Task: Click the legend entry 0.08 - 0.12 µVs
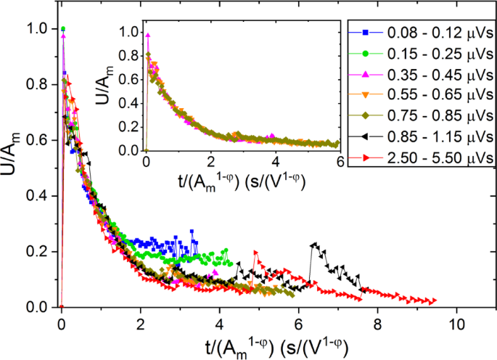(x=420, y=33)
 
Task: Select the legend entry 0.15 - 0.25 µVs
(x=420, y=54)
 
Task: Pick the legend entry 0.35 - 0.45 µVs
(x=420, y=74)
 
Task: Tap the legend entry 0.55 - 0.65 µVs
(x=420, y=95)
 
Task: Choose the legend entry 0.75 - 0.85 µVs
(x=420, y=115)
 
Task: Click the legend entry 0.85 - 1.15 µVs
(x=420, y=136)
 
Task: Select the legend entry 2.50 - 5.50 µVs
(x=420, y=156)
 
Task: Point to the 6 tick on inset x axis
(x=337, y=163)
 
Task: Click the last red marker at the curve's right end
(x=434, y=300)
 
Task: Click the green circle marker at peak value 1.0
(x=63, y=30)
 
